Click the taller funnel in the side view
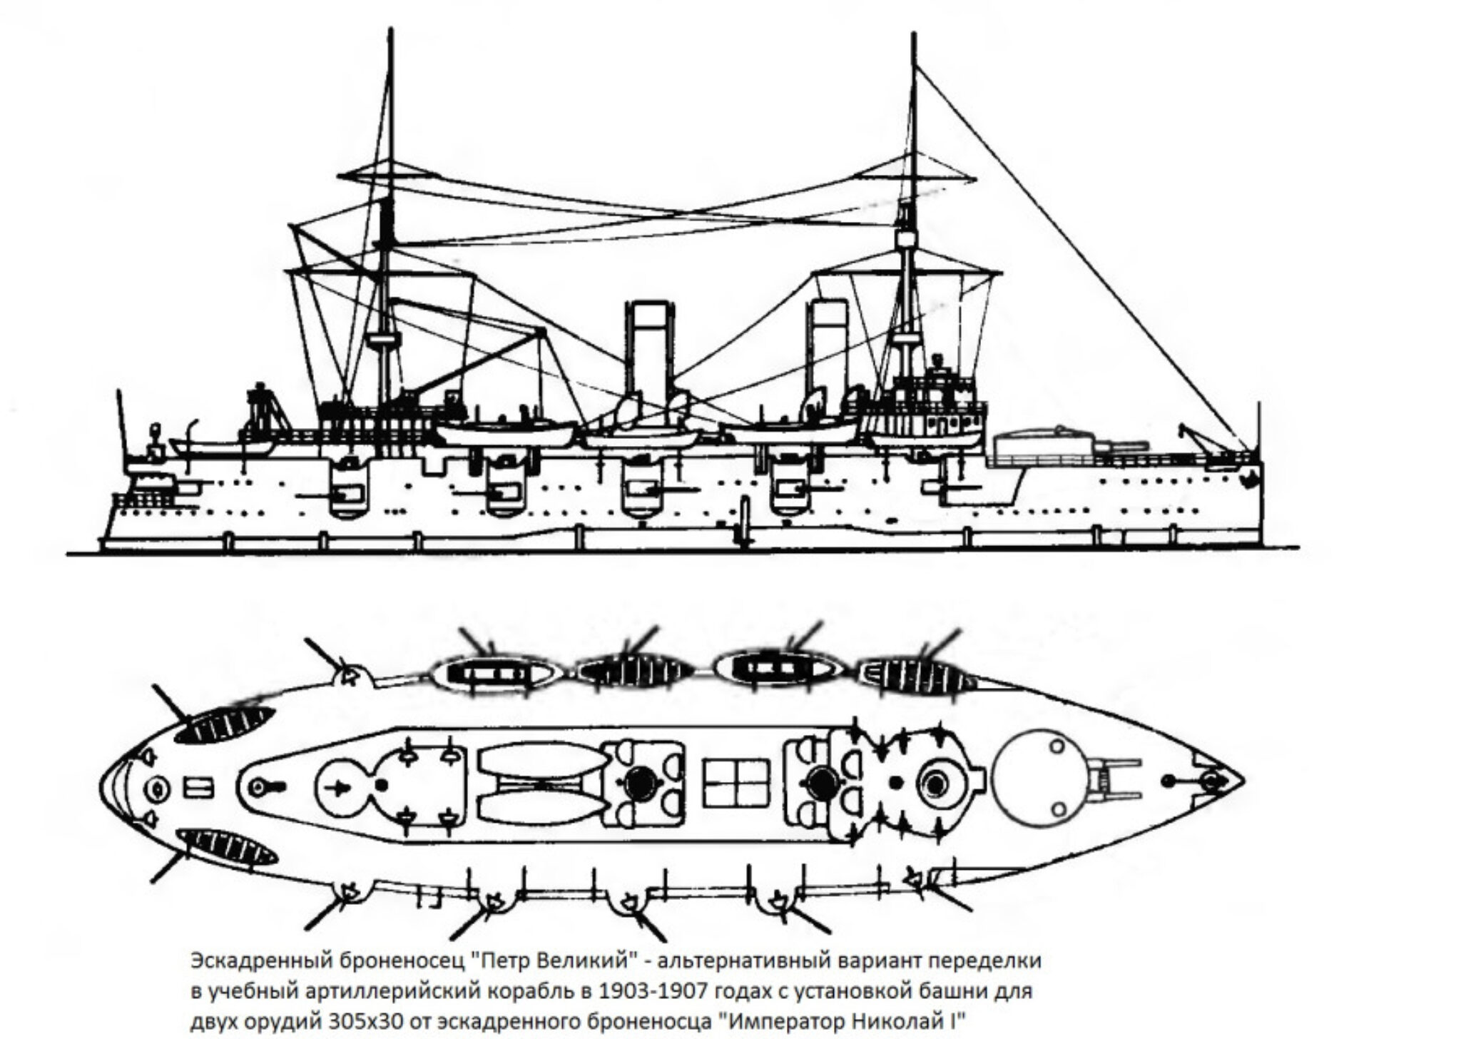click(649, 350)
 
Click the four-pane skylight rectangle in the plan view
click(737, 782)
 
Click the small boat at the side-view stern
click(221, 447)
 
